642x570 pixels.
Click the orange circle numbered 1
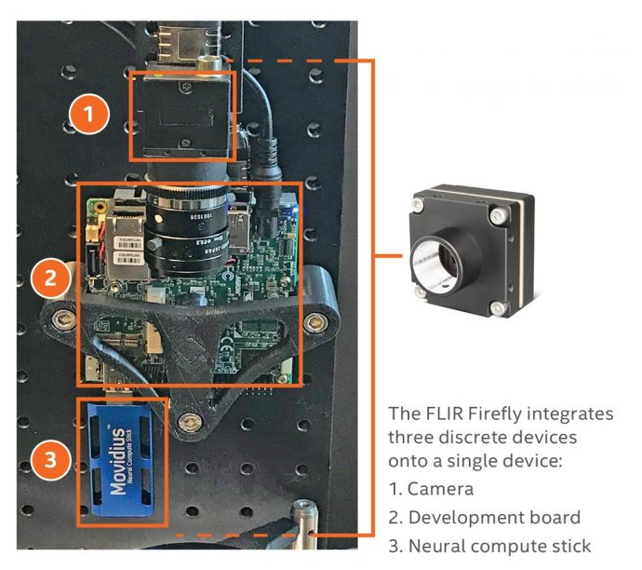(90, 116)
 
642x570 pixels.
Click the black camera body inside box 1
(181, 116)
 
